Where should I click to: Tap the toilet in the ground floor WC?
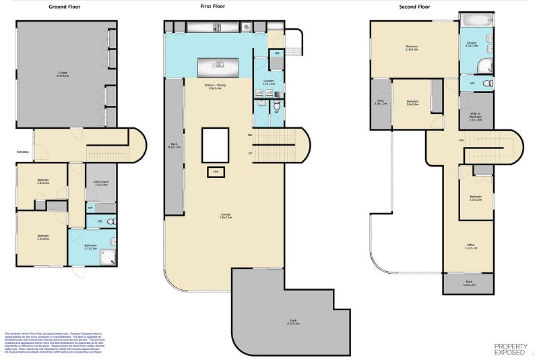[x=112, y=220]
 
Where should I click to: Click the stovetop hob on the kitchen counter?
[x=218, y=27]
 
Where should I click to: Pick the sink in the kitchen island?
[x=218, y=65]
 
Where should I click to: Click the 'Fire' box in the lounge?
[x=216, y=171]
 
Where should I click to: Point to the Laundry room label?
[x=269, y=82]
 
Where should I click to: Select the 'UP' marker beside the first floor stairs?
[x=251, y=153]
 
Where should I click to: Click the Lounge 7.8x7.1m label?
[x=226, y=216]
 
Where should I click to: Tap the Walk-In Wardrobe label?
[x=476, y=117]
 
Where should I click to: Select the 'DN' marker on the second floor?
[x=462, y=140]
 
